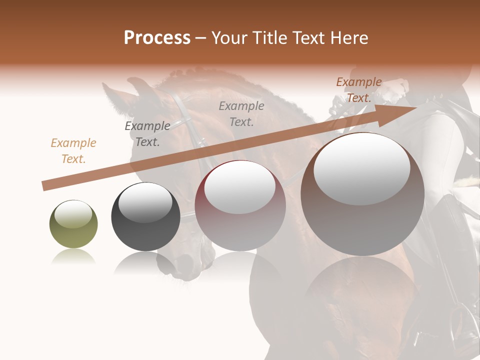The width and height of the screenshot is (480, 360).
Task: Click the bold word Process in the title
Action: (157, 38)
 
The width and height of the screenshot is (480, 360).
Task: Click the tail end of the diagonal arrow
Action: (44, 185)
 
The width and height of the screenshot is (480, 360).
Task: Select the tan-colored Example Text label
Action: (73, 151)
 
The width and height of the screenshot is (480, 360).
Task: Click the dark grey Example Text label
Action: (147, 134)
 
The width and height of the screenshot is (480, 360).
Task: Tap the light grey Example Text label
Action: (241, 114)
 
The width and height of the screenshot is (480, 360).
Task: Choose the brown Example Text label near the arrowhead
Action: (359, 90)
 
